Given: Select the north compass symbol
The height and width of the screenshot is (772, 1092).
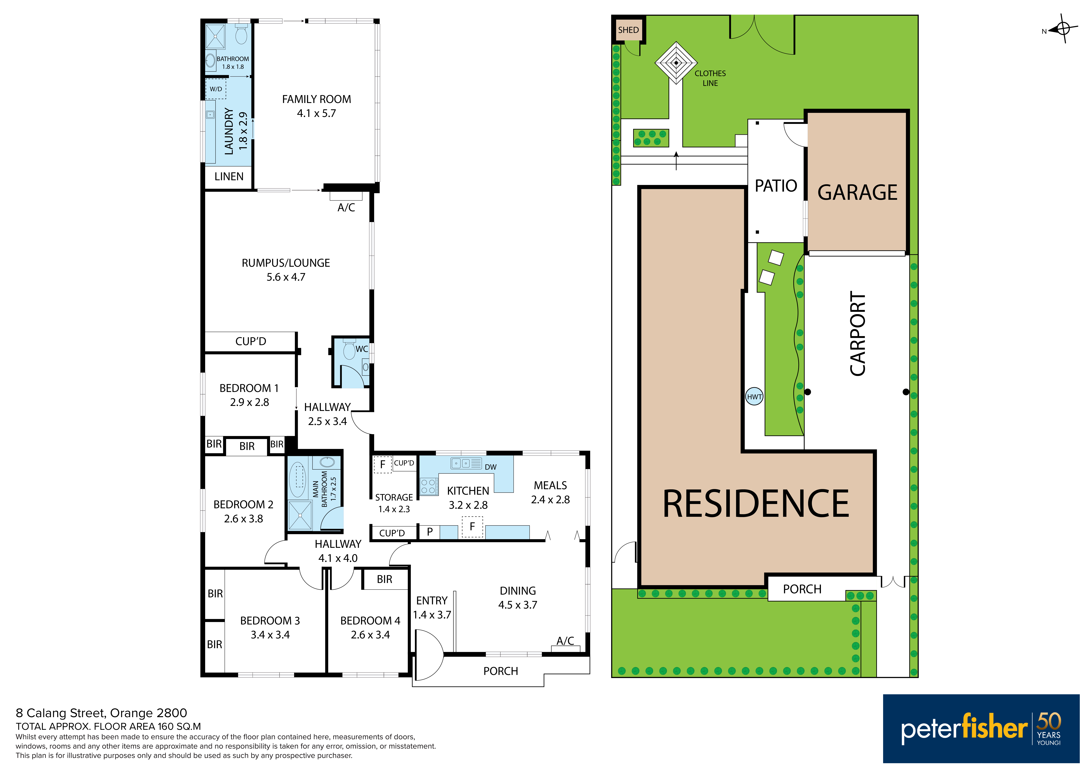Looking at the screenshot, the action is click(x=1063, y=29).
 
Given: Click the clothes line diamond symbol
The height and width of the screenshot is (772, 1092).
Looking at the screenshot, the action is click(x=676, y=63).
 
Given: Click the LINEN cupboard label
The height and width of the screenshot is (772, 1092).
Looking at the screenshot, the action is click(x=229, y=176).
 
